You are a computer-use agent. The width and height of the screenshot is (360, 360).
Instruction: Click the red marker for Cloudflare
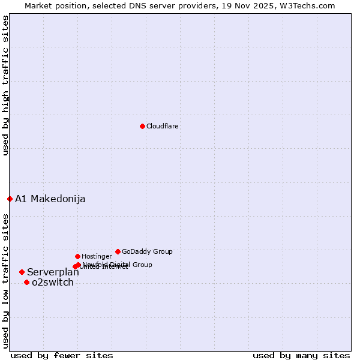tap(142, 126)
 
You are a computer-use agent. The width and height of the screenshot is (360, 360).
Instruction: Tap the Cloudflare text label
tap(163, 127)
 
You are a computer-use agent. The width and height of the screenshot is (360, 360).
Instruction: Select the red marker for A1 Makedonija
tap(10, 199)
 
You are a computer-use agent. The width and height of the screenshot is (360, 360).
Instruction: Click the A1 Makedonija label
tap(50, 199)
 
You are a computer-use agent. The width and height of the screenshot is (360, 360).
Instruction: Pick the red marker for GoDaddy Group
tap(118, 251)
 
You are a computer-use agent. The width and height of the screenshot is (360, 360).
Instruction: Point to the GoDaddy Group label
tap(147, 252)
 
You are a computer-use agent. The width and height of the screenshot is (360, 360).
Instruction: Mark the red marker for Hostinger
tap(77, 256)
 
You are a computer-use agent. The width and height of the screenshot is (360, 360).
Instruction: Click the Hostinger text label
tap(97, 257)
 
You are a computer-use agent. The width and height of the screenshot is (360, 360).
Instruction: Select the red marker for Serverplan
tap(22, 272)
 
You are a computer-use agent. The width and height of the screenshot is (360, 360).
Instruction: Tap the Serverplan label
tap(53, 272)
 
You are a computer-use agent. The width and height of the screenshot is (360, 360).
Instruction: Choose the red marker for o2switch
tap(26, 282)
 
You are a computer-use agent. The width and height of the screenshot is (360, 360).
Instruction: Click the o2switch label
tap(53, 283)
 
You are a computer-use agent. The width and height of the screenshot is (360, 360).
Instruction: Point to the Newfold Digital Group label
tap(118, 265)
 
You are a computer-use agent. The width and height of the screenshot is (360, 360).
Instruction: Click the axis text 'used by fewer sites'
tap(62, 355)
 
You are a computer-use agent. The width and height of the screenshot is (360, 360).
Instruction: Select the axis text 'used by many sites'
tap(301, 355)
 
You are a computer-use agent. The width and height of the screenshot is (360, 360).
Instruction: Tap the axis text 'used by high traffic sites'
tap(6, 85)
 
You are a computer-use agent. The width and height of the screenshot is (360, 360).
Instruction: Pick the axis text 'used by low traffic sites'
tap(6, 280)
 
